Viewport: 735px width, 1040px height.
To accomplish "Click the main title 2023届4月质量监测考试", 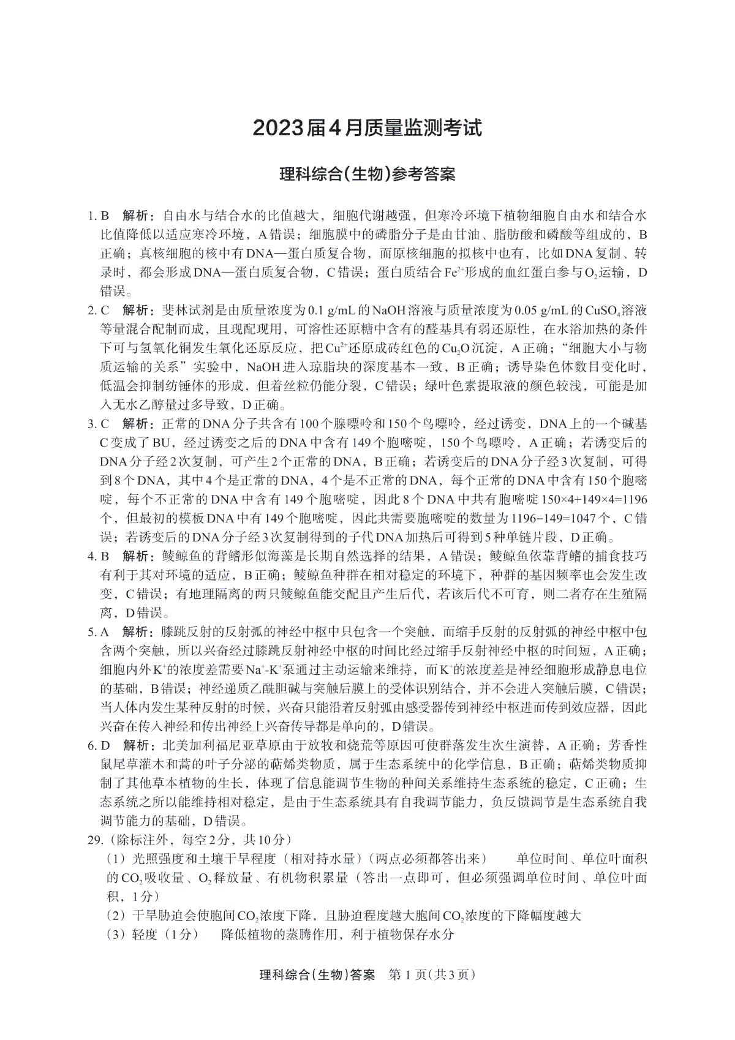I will click(x=367, y=128).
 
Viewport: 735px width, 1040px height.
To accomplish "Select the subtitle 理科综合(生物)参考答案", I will click(x=367, y=175).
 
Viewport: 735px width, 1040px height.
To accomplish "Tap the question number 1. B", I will click(x=98, y=216).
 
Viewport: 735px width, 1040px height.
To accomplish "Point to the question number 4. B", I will click(x=98, y=556).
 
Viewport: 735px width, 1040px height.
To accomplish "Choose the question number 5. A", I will click(x=98, y=631).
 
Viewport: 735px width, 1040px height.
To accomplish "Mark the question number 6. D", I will click(x=98, y=745).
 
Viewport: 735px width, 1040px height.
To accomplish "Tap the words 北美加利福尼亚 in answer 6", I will click(x=202, y=745).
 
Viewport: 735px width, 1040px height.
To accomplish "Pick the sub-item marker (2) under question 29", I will click(x=116, y=916).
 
